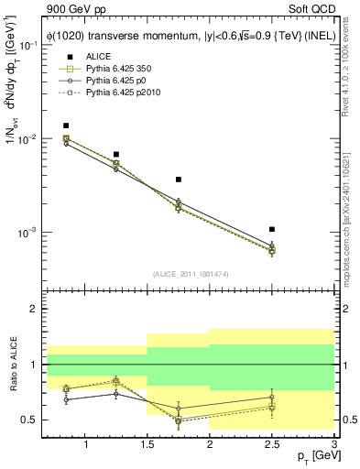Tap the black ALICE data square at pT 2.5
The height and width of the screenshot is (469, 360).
click(x=272, y=229)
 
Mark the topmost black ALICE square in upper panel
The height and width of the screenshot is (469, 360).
click(x=66, y=125)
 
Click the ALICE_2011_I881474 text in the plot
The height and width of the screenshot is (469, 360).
click(x=191, y=275)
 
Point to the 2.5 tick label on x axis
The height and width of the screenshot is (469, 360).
click(x=272, y=444)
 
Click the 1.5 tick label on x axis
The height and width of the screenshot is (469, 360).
click(x=148, y=444)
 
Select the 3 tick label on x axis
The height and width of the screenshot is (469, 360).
click(x=333, y=444)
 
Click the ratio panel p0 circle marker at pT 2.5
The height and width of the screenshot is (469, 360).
click(x=272, y=398)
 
